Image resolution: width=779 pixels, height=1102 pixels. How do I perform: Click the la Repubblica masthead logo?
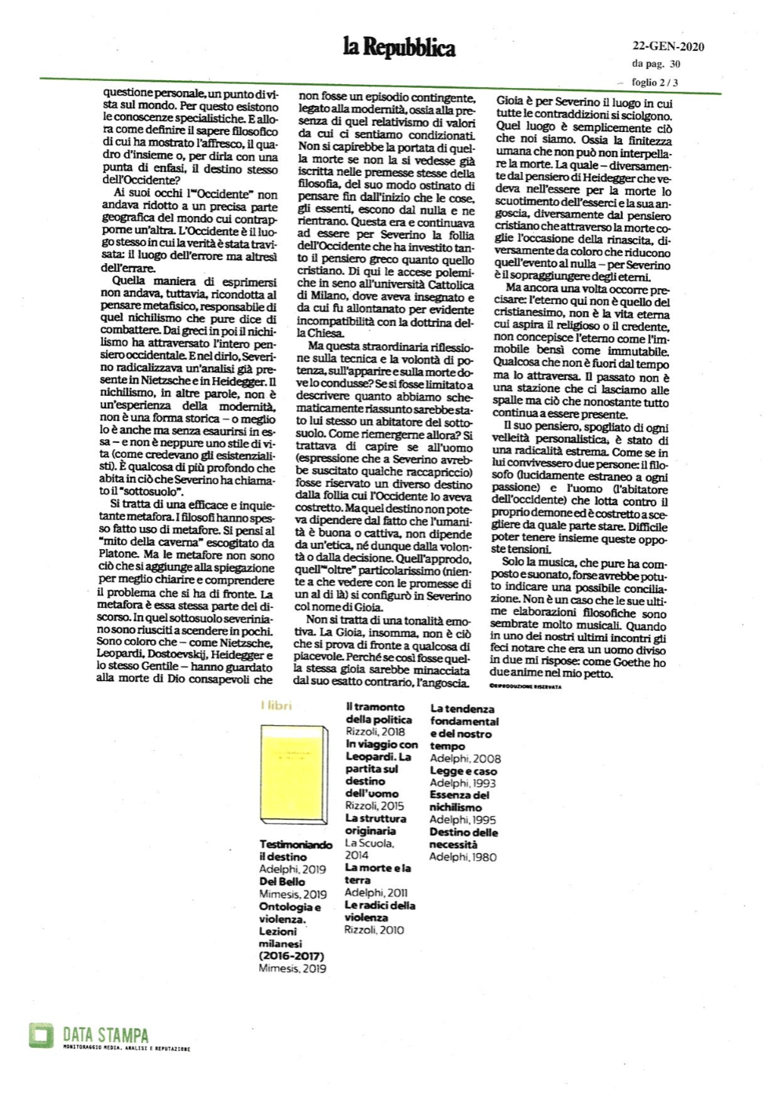[x=398, y=49]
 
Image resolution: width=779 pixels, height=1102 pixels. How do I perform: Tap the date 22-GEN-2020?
[x=667, y=46]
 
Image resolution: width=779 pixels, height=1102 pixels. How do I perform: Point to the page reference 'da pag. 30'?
[x=656, y=64]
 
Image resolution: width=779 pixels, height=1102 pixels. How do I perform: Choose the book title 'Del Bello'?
[x=282, y=881]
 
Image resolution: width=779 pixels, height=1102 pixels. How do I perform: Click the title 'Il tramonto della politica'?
[x=379, y=712]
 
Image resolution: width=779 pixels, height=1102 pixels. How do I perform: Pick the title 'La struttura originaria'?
[x=375, y=824]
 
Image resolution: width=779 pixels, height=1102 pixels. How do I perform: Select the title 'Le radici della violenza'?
[x=379, y=910]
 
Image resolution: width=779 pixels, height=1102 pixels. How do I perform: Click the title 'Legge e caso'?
[x=463, y=771]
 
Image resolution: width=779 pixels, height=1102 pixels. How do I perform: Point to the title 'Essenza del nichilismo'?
[x=459, y=800]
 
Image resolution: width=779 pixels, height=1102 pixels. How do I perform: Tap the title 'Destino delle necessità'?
[x=463, y=838]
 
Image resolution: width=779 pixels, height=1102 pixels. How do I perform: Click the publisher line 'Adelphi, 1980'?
[x=463, y=857]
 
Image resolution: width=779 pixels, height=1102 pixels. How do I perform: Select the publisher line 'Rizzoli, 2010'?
[x=374, y=930]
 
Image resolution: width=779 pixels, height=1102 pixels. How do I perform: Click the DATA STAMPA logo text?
[x=105, y=1036]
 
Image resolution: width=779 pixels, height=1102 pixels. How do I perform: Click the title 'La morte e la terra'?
[x=377, y=873]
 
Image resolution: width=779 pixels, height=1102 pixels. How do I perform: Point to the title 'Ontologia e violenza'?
[x=290, y=912]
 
